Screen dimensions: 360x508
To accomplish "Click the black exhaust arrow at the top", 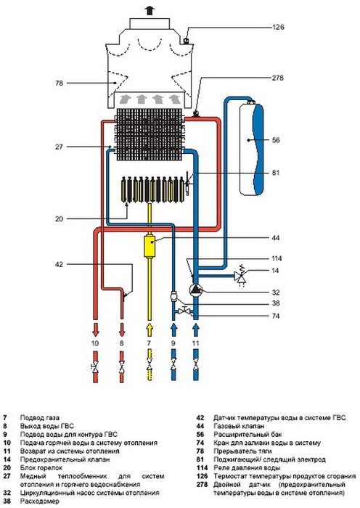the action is [x=149, y=11].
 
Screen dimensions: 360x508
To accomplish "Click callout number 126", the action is [x=278, y=27].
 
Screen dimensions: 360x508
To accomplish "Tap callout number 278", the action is [x=278, y=78].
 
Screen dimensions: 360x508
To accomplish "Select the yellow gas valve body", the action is [x=150, y=245].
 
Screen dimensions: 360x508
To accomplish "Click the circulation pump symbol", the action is [x=195, y=290].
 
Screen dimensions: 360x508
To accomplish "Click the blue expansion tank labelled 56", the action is [x=251, y=148].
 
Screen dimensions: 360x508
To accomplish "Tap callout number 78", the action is [x=59, y=83].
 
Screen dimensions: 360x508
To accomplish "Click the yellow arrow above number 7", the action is [x=150, y=329].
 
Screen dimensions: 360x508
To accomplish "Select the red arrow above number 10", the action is [x=95, y=329].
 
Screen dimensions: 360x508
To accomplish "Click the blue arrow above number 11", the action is [x=195, y=329].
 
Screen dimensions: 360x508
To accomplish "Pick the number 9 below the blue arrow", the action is [x=173, y=343].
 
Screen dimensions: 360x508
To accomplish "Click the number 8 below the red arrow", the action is [x=121, y=343].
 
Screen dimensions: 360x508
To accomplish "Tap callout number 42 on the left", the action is [x=59, y=264].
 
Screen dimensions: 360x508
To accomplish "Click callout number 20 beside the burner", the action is [x=59, y=219].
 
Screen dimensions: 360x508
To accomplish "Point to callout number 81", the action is [x=275, y=173].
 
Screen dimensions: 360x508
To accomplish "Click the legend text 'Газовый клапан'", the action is [x=239, y=426].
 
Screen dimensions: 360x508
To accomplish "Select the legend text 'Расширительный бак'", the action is [x=248, y=435].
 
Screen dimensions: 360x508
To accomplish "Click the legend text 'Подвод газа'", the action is [x=40, y=418].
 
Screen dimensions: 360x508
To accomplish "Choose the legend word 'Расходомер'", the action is [x=38, y=501].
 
